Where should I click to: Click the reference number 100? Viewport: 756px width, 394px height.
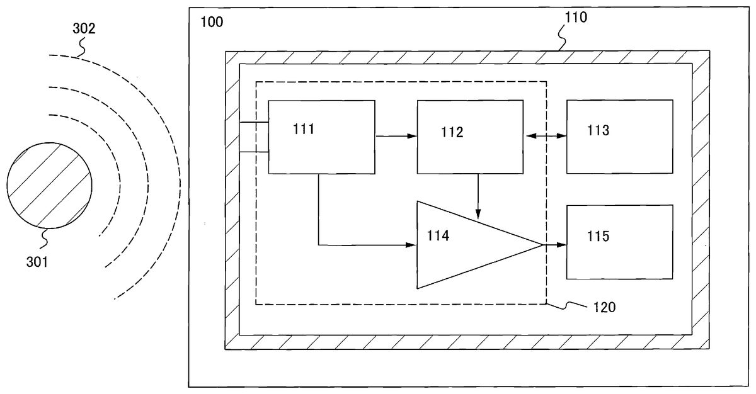[211, 22]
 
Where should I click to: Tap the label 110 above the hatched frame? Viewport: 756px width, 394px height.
[575, 18]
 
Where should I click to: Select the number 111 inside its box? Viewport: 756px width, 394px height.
[304, 130]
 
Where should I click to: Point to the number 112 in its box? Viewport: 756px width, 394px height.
[452, 132]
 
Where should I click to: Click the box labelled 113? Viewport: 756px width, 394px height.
[619, 136]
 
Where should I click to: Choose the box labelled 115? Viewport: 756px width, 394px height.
[619, 242]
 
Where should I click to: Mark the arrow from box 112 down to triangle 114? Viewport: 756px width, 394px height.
[478, 195]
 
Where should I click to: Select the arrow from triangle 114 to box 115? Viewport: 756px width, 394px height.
[554, 244]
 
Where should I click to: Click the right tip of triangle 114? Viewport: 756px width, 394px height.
[541, 244]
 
